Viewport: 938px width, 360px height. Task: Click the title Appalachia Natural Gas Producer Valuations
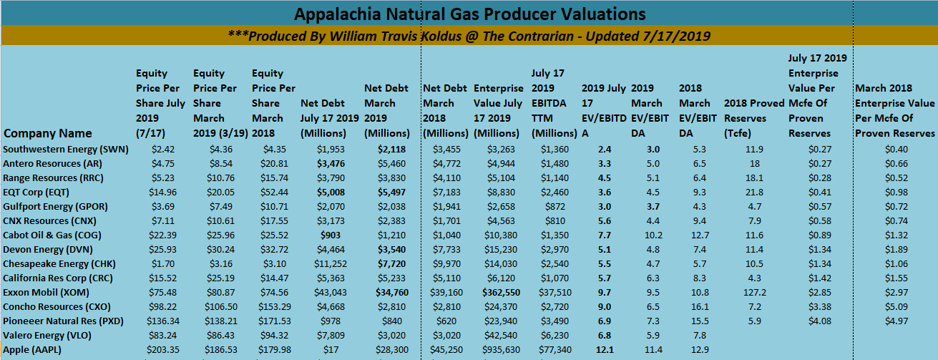470,14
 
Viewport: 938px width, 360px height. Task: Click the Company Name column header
48,133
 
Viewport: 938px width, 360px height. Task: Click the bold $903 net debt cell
328,235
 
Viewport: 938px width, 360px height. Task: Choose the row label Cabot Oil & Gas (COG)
47,235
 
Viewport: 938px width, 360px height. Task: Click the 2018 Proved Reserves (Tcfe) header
754,111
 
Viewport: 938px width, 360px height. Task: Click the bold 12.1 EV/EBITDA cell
604,349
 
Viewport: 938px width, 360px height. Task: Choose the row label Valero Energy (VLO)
43,335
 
